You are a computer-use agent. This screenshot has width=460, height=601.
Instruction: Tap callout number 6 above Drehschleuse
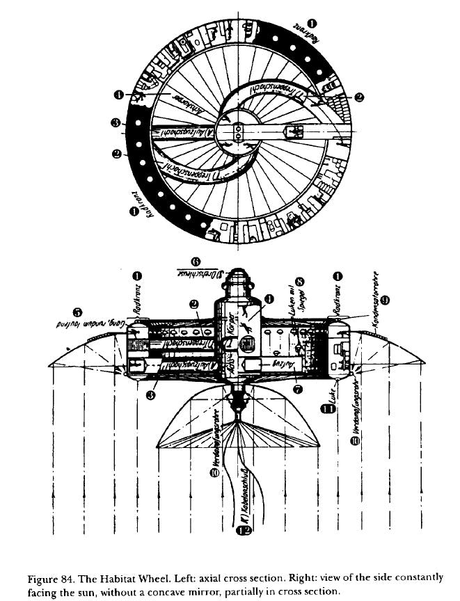(196, 261)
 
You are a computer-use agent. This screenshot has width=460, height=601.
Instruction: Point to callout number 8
(300, 283)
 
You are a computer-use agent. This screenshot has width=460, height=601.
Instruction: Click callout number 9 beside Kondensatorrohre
(385, 298)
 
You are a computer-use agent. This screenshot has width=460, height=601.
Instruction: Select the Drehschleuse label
(198, 274)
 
